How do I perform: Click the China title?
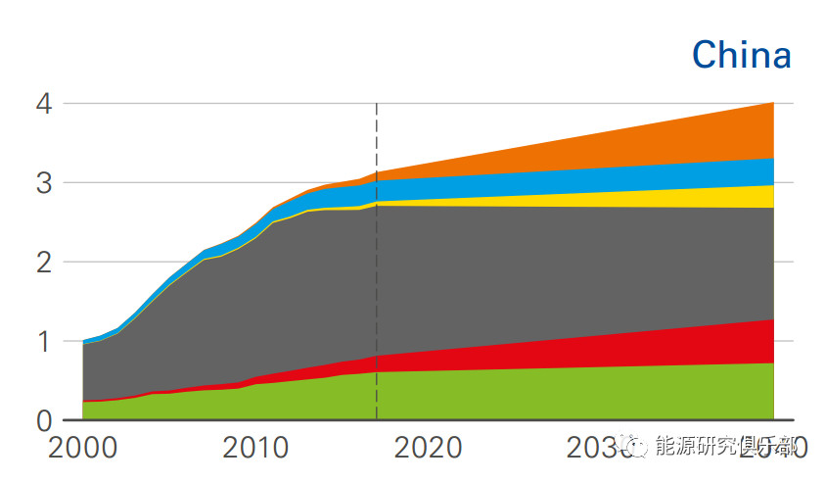pyautogui.click(x=741, y=56)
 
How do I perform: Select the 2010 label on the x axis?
pyautogui.click(x=255, y=449)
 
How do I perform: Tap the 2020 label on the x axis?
pyautogui.click(x=428, y=449)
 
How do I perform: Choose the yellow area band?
pyautogui.click(x=685, y=197)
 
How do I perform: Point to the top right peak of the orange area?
pyautogui.click(x=772, y=104)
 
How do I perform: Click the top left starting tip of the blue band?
pyautogui.click(x=84, y=341)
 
